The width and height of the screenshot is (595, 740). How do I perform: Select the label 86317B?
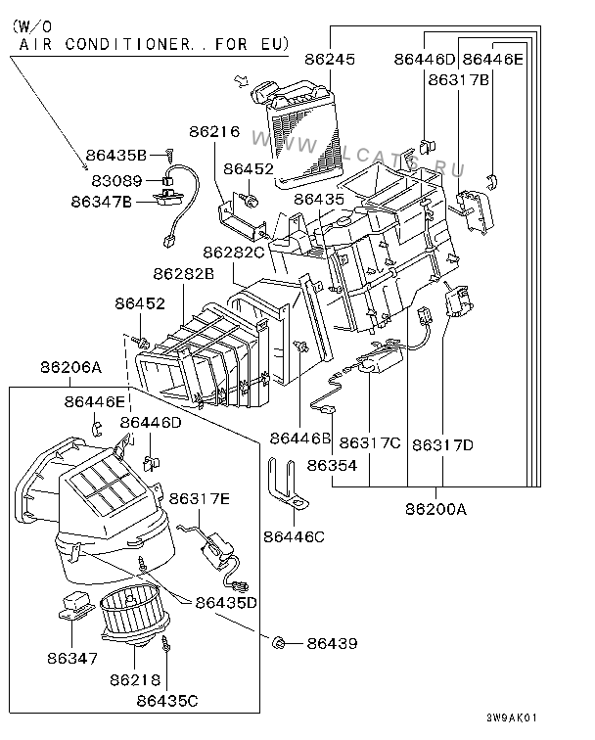point(458,81)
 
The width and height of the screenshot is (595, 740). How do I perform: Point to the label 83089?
point(116,181)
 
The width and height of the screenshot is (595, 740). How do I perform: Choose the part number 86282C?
point(235,253)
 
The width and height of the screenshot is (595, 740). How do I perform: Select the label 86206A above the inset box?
point(70,368)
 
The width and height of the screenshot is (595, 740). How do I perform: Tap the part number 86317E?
point(201,500)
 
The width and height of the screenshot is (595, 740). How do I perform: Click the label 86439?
point(332,643)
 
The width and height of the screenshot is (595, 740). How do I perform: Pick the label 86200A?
point(436,509)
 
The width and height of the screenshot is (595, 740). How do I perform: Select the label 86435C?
point(167,700)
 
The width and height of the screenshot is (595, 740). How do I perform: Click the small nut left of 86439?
point(279,642)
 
